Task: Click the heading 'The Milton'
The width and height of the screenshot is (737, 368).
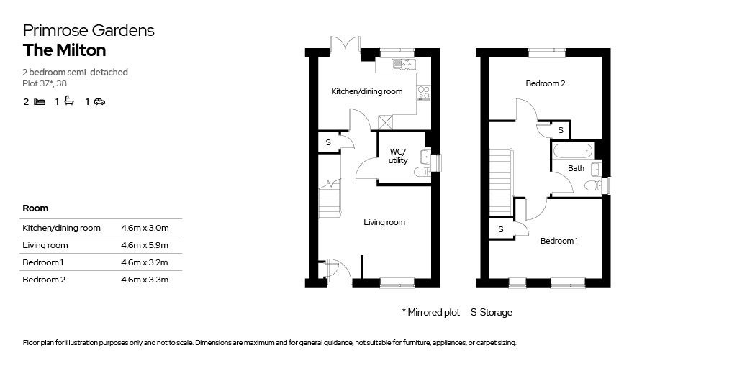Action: tap(64, 50)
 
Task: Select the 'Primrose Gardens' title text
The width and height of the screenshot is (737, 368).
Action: tap(89, 30)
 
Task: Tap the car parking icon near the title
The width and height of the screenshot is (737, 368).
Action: tap(99, 102)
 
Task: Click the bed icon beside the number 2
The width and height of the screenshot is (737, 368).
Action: tap(40, 102)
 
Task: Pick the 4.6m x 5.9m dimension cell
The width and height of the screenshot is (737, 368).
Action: tap(145, 245)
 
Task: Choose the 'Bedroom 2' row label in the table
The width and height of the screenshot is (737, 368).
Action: tap(44, 280)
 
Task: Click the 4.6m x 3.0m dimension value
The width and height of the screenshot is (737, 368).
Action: tap(145, 228)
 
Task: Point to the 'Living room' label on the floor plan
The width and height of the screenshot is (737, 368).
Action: tap(384, 223)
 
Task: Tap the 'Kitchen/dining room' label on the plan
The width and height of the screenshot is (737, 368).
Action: tap(366, 92)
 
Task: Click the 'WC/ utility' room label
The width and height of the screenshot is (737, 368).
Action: tap(398, 156)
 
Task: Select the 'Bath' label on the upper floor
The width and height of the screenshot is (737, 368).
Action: tap(576, 169)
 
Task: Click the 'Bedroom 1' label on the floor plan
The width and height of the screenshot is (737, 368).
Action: tap(559, 241)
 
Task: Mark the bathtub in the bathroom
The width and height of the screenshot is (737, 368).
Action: tap(572, 151)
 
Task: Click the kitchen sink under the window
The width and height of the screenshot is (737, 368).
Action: tap(403, 65)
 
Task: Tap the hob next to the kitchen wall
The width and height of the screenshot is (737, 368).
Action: tap(424, 93)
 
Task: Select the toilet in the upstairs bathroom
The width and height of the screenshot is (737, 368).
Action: tap(592, 186)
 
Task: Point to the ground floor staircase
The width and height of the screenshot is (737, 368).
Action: tap(329, 198)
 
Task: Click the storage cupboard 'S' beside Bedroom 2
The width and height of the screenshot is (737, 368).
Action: tap(561, 130)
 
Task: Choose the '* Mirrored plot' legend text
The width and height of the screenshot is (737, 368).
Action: tap(430, 313)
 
